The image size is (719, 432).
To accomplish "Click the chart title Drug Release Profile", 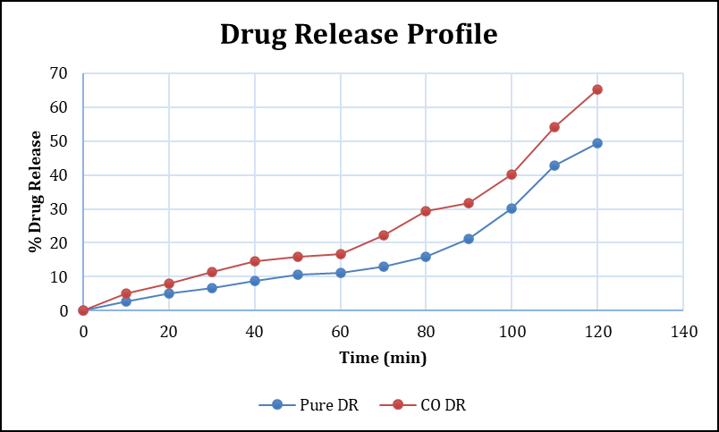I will (359, 34).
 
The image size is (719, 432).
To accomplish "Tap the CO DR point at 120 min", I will (597, 89).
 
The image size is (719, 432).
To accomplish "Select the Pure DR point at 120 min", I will (597, 143).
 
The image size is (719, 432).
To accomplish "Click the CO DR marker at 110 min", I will (554, 127).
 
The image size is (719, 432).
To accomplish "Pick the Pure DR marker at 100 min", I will (512, 208).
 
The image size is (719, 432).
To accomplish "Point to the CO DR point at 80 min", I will (426, 211).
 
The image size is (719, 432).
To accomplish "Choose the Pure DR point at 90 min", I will (469, 239).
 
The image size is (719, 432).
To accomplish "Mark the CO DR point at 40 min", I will (255, 261).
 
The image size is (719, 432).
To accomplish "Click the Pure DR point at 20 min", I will (169, 293).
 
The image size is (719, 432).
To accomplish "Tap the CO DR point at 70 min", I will (384, 235).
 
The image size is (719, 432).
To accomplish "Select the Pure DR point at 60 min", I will (341, 273).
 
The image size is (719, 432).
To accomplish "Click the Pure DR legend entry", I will (309, 405).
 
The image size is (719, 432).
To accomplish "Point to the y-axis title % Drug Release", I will (37, 191).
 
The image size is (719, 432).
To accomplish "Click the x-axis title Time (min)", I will (383, 359).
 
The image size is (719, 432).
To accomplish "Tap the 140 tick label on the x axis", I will (683, 333).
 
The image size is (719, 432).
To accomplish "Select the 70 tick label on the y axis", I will (59, 73).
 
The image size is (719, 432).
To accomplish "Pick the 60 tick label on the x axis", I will (341, 333).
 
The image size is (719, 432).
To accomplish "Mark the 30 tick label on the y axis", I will (59, 209).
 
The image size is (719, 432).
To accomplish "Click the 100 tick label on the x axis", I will (512, 333).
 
